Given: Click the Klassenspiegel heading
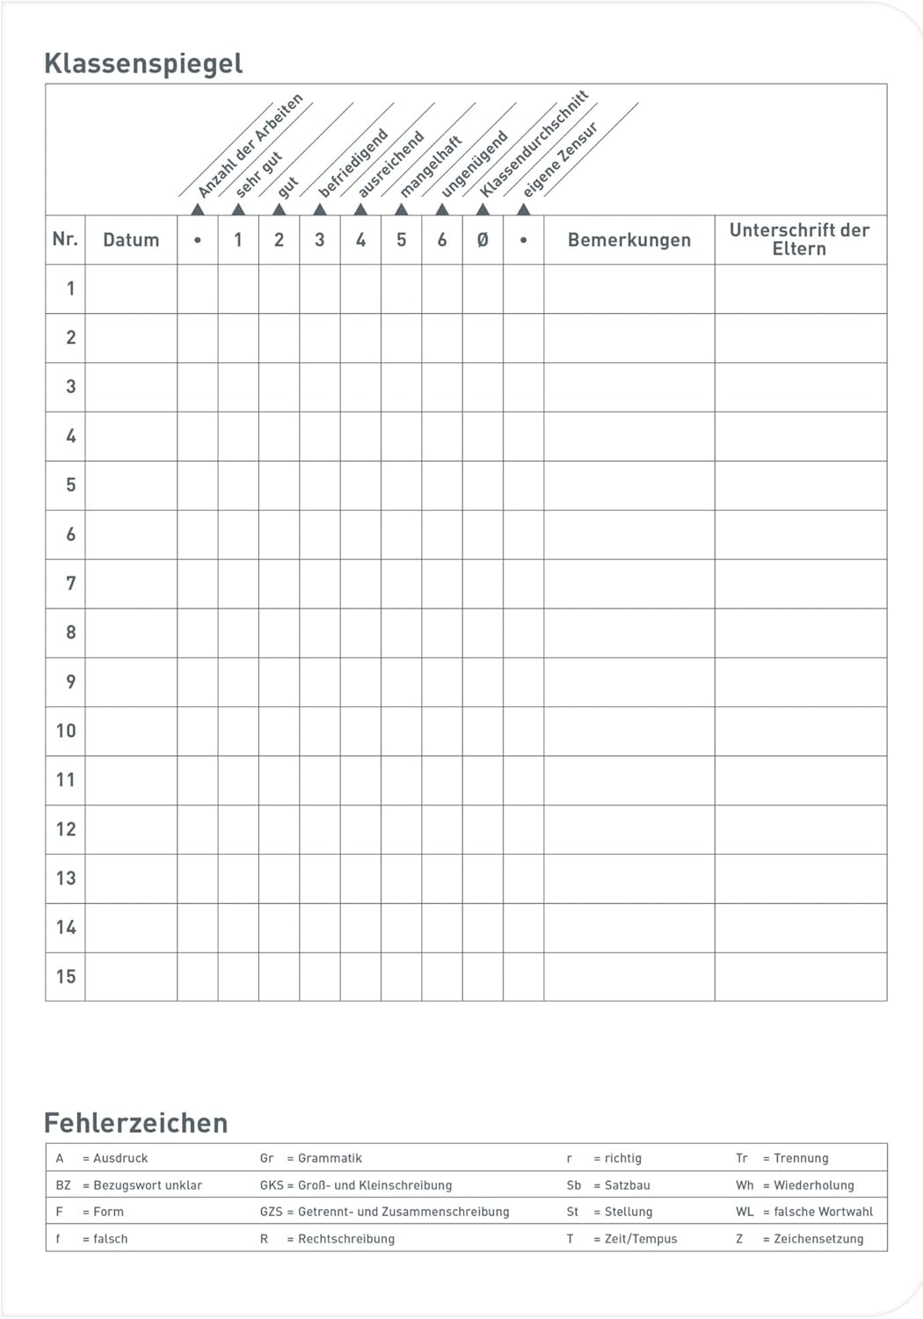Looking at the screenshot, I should point(142,63).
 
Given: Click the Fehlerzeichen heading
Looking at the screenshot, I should point(135,1123).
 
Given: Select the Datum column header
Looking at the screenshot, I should point(131,240).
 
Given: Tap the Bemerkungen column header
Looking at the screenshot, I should point(629,240).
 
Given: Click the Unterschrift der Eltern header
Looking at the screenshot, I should point(799,239).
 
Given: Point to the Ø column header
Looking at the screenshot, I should point(483,240).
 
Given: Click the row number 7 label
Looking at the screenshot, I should point(70,583).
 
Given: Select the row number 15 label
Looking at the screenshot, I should point(66,976).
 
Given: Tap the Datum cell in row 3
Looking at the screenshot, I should point(131,387).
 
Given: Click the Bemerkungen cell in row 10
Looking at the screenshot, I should point(629,731).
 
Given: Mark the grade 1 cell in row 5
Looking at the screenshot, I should point(238,485).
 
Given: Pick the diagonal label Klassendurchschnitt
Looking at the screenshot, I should point(534,143).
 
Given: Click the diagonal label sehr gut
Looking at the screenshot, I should point(259,173).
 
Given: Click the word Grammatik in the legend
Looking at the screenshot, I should point(330,1158).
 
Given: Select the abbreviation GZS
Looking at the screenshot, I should point(271,1212).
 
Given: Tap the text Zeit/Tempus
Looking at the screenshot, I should point(641,1239).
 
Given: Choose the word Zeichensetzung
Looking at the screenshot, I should point(818,1239).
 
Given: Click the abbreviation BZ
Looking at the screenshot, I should point(63,1185).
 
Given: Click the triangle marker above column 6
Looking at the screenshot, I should point(442,209).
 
